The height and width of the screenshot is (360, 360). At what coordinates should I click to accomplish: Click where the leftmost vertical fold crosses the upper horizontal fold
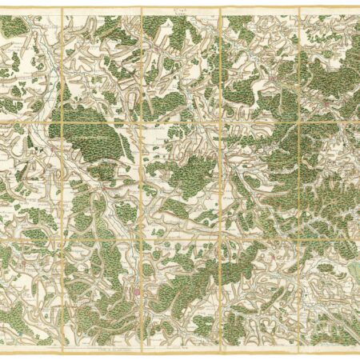click(62, 122)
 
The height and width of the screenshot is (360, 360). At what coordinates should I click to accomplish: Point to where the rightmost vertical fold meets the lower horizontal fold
click(299, 237)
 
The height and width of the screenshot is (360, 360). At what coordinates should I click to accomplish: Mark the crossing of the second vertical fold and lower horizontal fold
click(142, 237)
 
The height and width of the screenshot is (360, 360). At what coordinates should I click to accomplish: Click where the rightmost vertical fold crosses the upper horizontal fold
click(299, 122)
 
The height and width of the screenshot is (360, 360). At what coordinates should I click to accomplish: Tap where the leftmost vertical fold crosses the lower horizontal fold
click(62, 237)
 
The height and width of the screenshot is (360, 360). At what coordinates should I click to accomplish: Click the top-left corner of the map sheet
click(2, 10)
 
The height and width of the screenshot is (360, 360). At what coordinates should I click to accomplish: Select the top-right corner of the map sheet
click(358, 10)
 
